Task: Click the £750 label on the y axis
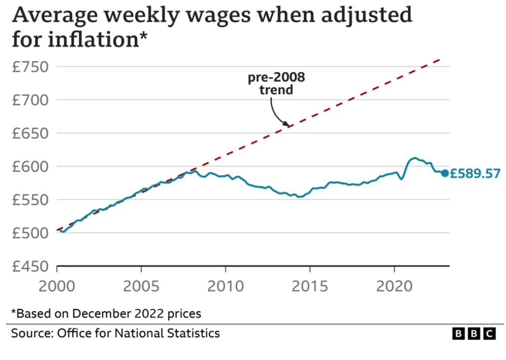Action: [x=31, y=67]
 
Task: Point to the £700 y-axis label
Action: [x=31, y=100]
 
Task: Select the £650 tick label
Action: [x=31, y=133]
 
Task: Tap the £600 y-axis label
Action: [x=31, y=166]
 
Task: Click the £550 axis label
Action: [x=31, y=199]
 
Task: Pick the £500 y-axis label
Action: [x=31, y=232]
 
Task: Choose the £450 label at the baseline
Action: [x=31, y=266]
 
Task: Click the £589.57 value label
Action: [x=475, y=174]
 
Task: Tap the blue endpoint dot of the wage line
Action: [x=445, y=173]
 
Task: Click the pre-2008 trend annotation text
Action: [x=276, y=84]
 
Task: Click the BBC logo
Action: [x=474, y=334]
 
